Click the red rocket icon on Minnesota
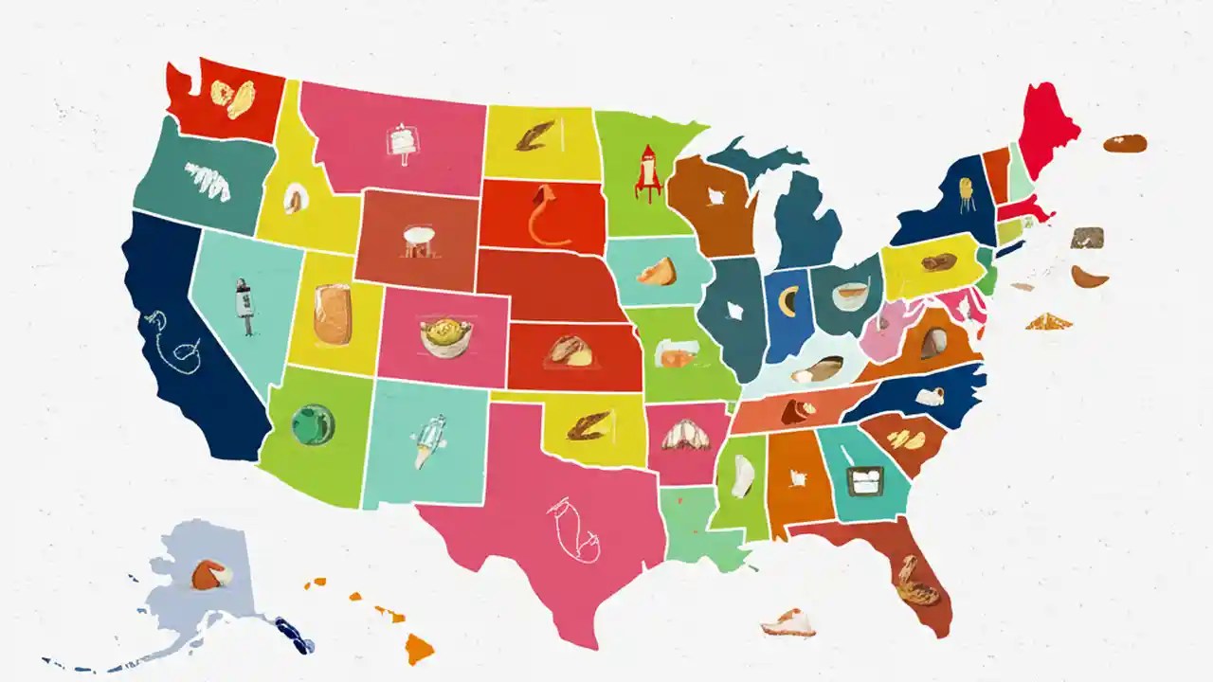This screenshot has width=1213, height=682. (x=647, y=171)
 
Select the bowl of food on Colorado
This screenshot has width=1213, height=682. (x=445, y=336)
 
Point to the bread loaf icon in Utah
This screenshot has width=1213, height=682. (x=333, y=314)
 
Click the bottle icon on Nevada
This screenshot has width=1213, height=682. (x=244, y=306)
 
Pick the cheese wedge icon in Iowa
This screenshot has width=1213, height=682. (x=656, y=273)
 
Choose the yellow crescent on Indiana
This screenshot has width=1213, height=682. (x=787, y=301)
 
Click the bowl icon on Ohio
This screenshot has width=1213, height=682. (x=849, y=296)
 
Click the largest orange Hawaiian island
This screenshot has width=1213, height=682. (x=419, y=649)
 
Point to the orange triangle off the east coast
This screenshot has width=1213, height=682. (x=1047, y=322)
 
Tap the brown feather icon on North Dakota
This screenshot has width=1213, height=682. (x=532, y=138)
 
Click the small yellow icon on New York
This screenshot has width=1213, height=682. (x=966, y=191)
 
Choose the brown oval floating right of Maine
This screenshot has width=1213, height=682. (x=1125, y=143)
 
